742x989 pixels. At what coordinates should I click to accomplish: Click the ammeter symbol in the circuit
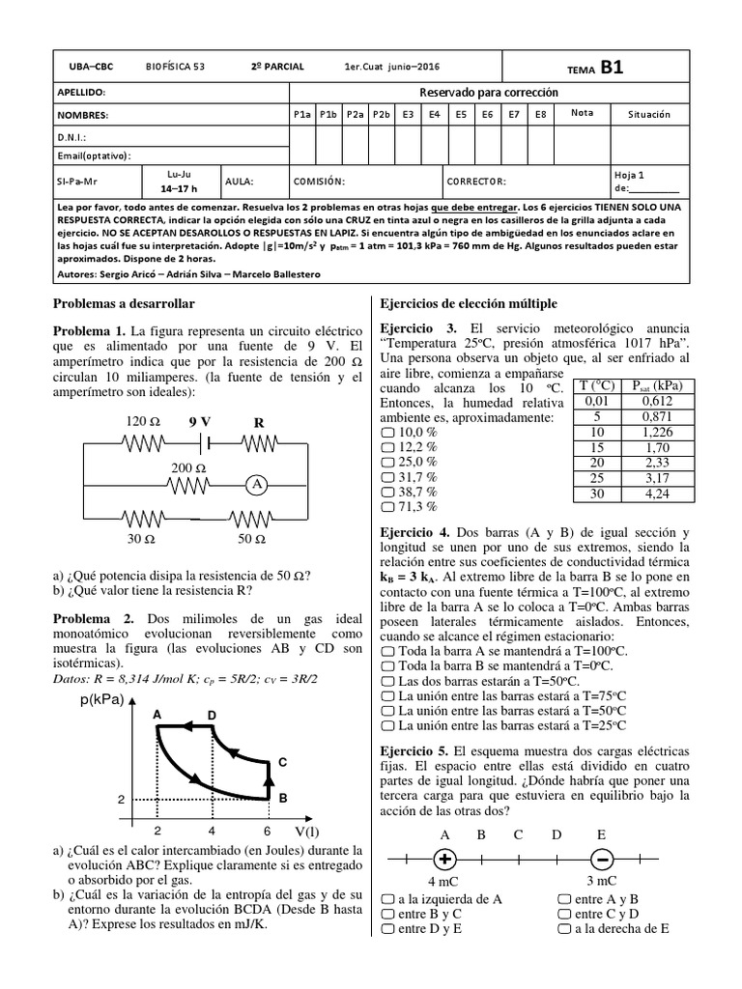pos(258,487)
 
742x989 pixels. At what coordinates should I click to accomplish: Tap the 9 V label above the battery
pos(200,421)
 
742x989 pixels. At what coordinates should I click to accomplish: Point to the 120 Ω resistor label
pos(142,422)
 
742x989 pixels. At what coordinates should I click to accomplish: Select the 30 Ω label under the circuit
pos(142,538)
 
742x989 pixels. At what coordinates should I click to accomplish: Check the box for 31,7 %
pos(388,477)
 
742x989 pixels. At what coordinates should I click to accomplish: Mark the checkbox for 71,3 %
pos(388,505)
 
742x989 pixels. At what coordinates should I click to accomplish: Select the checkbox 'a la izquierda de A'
pos(388,898)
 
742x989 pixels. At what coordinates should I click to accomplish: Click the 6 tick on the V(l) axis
pos(268,830)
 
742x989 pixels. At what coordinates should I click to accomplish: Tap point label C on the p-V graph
pos(282,762)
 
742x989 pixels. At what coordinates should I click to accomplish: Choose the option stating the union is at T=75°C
pos(388,694)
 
